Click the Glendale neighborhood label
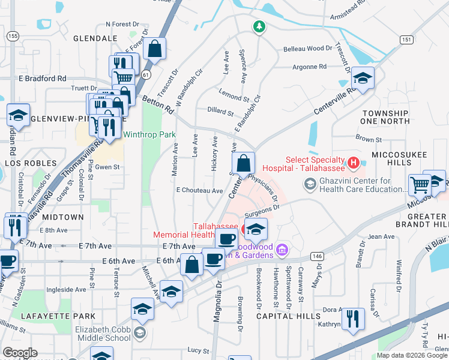(95, 38)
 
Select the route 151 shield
(406, 39)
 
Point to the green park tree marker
(259, 26)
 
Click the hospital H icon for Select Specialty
(354, 162)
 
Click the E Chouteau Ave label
(199, 191)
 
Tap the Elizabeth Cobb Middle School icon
(140, 332)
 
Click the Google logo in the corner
(20, 353)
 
